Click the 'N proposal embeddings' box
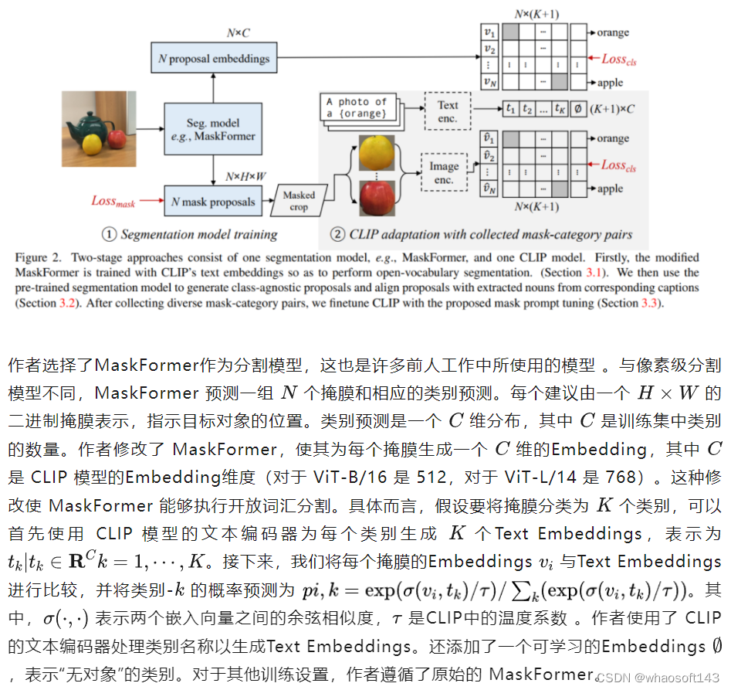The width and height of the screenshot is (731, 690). (x=213, y=59)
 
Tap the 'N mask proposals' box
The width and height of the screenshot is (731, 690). (x=213, y=202)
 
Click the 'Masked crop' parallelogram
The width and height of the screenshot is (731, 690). (x=299, y=202)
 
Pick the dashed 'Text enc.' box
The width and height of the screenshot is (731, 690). (x=447, y=111)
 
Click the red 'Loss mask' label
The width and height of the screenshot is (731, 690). (x=113, y=201)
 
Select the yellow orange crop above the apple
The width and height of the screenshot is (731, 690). (x=374, y=151)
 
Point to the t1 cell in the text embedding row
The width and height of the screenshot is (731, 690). (x=510, y=109)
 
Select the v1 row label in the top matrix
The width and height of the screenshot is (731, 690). (x=488, y=32)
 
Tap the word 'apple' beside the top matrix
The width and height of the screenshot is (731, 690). (x=609, y=83)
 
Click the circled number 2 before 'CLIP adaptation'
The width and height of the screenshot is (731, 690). (x=337, y=234)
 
